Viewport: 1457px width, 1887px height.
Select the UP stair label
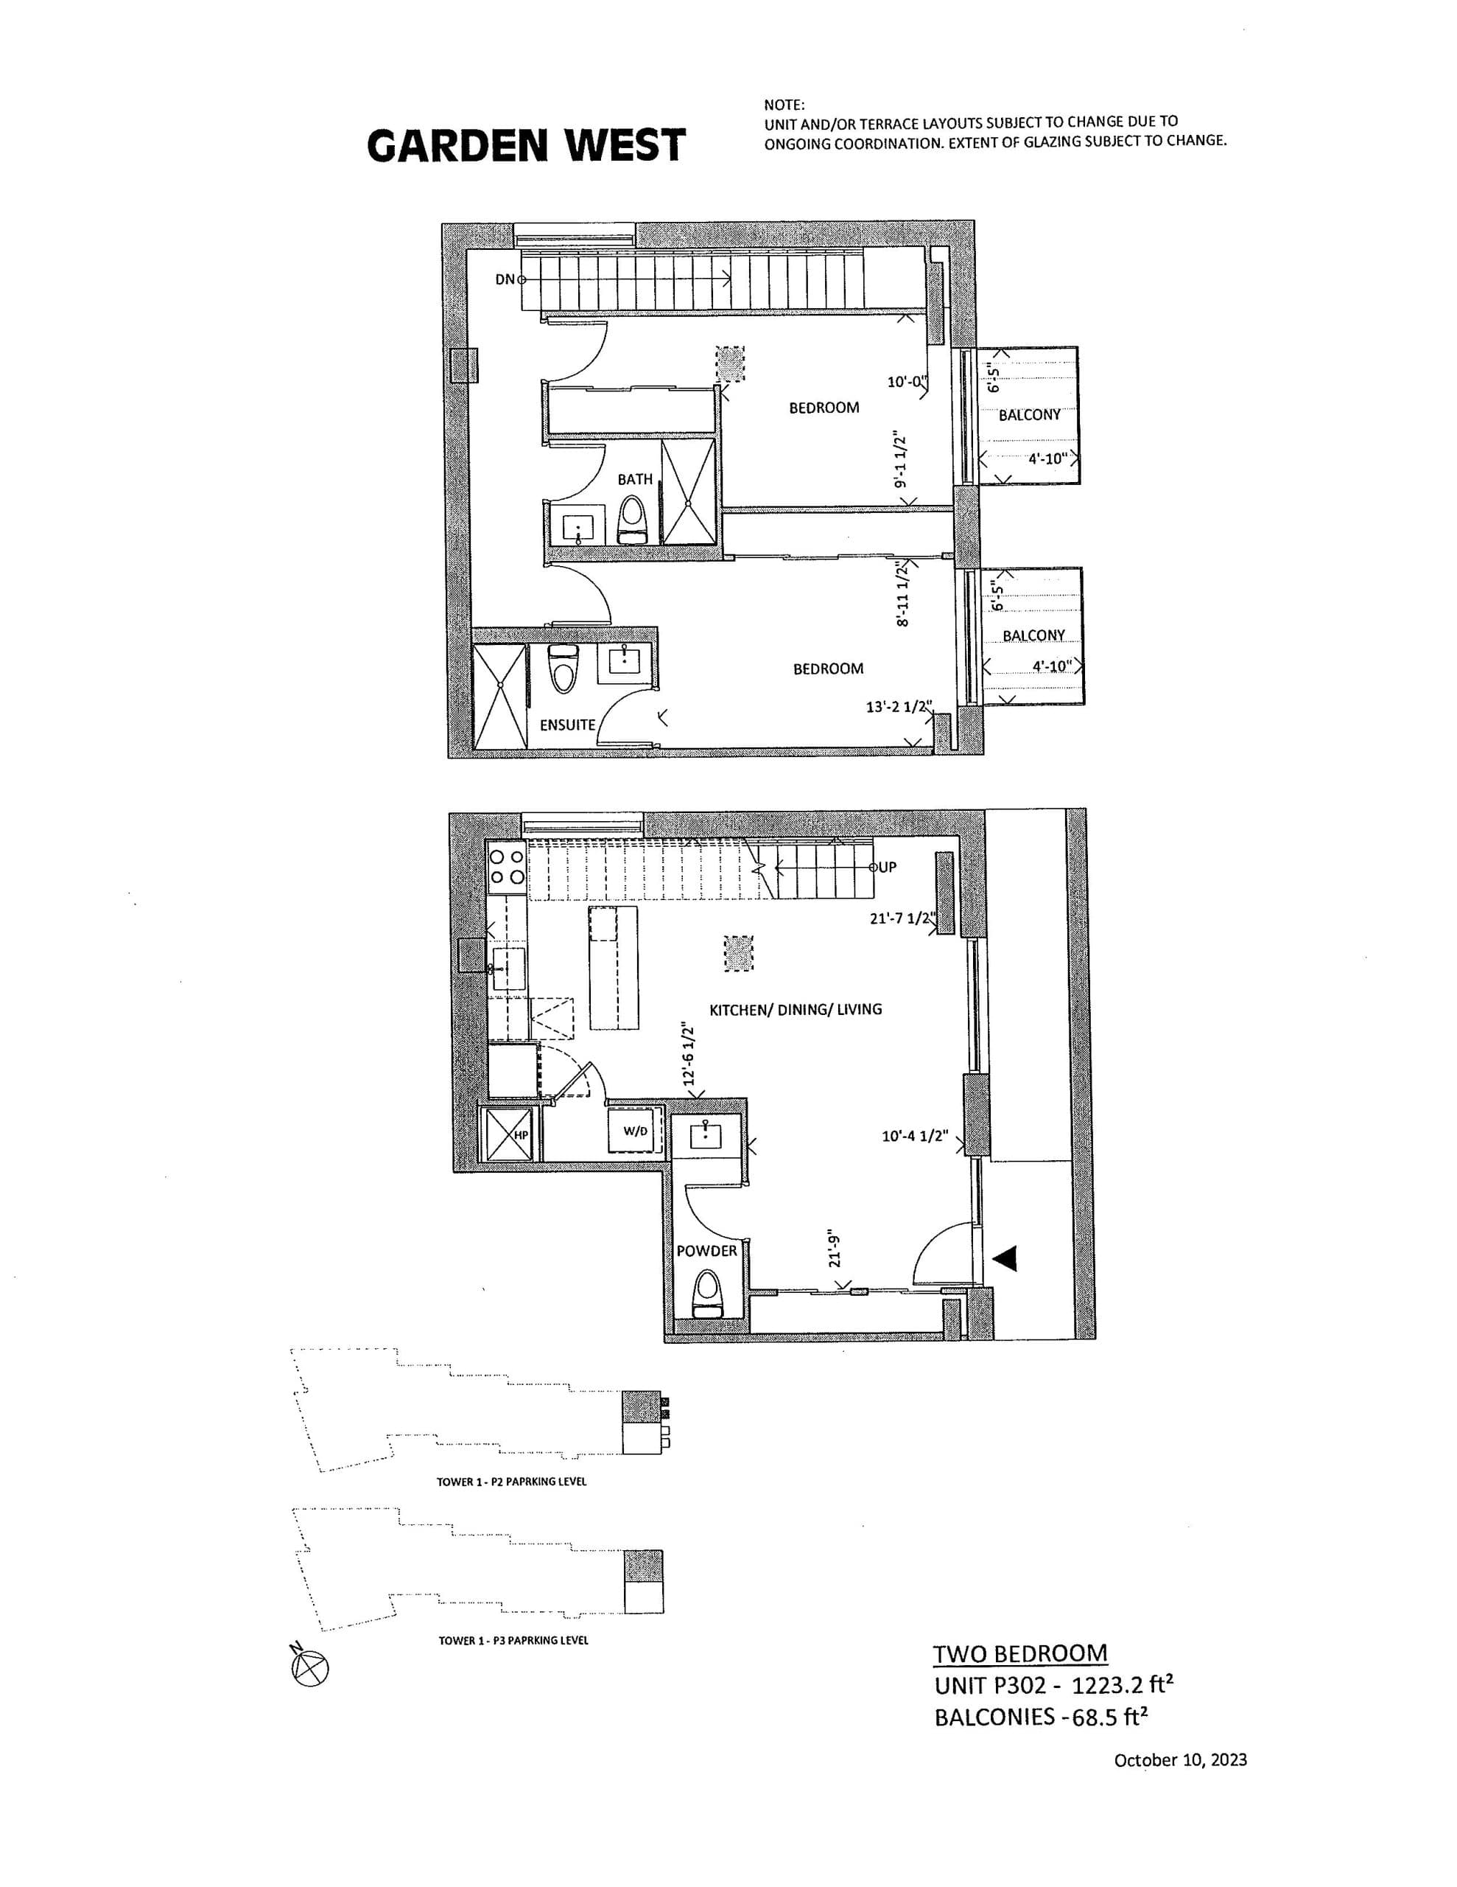[x=888, y=867]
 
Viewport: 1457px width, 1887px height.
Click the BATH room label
[x=635, y=478]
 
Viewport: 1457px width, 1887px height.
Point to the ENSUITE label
[x=567, y=725]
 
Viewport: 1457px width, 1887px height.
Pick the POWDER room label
[x=706, y=1250]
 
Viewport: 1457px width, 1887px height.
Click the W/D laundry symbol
[x=635, y=1131]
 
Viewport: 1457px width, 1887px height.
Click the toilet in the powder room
[x=706, y=1294]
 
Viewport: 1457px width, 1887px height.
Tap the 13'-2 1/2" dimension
[x=901, y=707]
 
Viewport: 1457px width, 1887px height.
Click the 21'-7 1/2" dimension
[x=902, y=918]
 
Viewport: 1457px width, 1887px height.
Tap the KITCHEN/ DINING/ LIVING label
[x=796, y=1008]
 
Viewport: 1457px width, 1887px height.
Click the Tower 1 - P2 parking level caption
[x=511, y=1482]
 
